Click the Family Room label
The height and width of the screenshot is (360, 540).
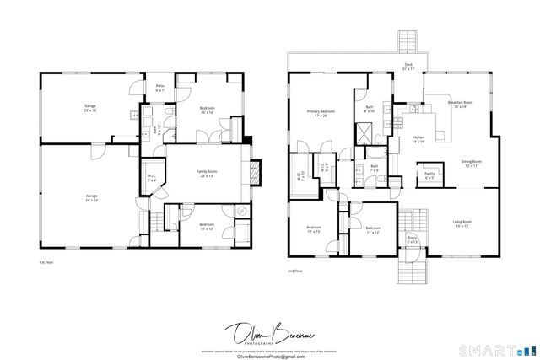tap(205, 174)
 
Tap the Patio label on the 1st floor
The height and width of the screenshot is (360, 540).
tap(159, 88)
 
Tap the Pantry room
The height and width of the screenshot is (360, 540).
tap(429, 176)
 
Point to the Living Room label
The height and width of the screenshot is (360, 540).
tap(462, 224)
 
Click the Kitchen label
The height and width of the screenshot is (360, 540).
tap(418, 139)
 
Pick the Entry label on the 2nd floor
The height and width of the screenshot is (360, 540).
tap(413, 240)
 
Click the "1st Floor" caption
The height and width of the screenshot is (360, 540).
tap(47, 264)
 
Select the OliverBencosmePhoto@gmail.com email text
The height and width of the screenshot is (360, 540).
tap(270, 355)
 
